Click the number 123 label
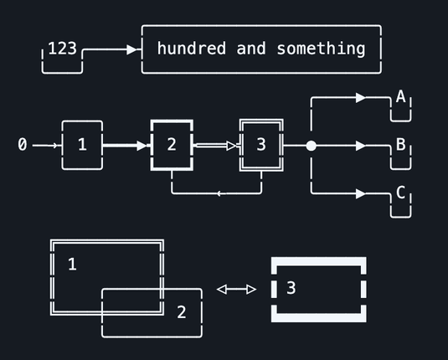click(x=62, y=49)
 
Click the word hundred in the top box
click(x=192, y=48)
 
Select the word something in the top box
click(x=321, y=49)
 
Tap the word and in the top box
click(x=251, y=49)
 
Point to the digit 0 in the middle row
click(x=23, y=144)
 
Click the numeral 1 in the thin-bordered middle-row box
click(x=82, y=144)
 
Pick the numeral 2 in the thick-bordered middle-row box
click(x=172, y=144)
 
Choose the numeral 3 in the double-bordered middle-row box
click(x=261, y=144)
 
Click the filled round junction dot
click(x=312, y=146)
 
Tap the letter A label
click(x=400, y=96)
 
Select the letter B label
click(x=400, y=144)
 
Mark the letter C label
click(x=400, y=193)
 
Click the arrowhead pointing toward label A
click(x=361, y=98)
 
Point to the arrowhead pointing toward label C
click(x=361, y=193)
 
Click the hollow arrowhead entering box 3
click(x=231, y=146)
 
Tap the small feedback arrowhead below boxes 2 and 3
click(x=219, y=193)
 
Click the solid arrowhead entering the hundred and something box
click(x=131, y=49)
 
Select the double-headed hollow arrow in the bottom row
click(x=237, y=290)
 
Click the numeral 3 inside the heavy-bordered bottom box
click(x=291, y=288)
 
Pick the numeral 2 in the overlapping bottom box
click(x=182, y=311)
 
